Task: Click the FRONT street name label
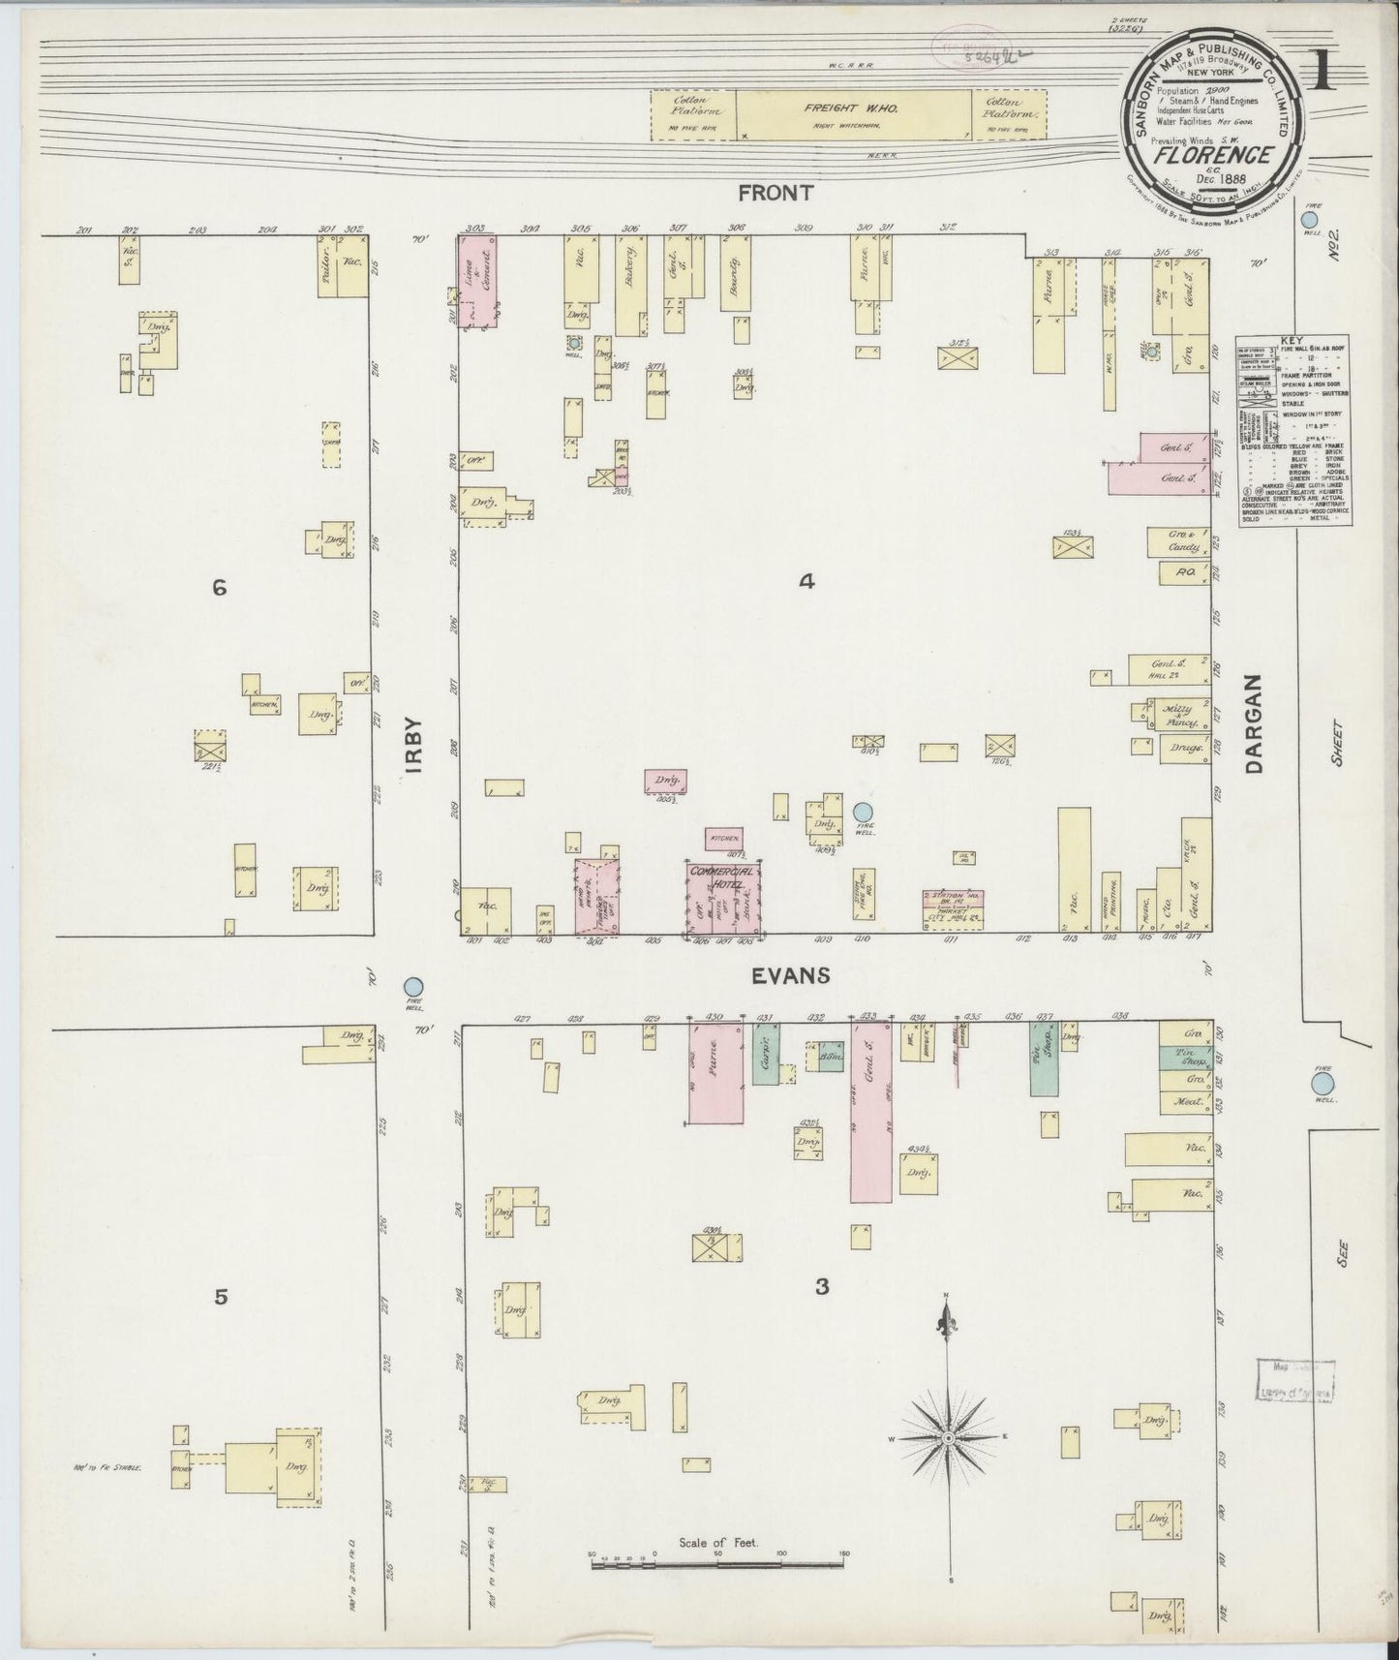775,193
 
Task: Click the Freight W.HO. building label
852,109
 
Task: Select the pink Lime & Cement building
477,281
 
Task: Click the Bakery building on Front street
631,286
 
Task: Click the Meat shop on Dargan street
1185,1101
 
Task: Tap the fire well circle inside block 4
864,814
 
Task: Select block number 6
220,587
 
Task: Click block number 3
822,1287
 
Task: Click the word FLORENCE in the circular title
1202,155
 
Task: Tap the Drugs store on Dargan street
1185,748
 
